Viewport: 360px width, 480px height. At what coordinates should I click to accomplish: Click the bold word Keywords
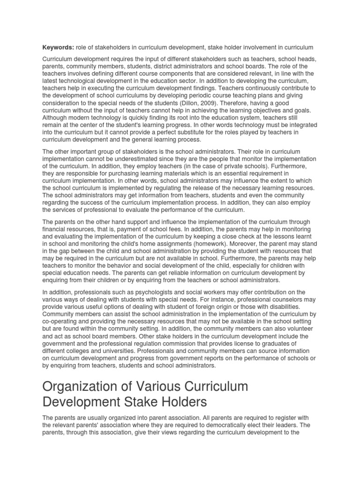click(x=58, y=47)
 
